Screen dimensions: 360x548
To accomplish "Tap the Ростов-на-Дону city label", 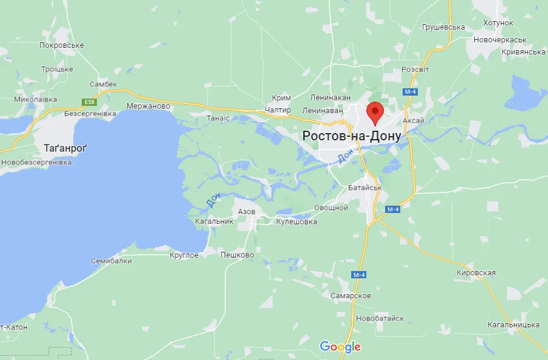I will point(351,137).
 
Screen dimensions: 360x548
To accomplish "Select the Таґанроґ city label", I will point(66,148).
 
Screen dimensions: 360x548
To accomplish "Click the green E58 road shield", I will point(90,102).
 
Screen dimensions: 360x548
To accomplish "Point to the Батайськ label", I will point(365,188).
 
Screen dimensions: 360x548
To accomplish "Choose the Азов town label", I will point(246,212).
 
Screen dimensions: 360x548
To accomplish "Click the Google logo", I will point(340,347).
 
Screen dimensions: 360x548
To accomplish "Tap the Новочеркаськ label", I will point(500,39).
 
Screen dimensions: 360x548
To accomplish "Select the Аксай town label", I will point(414,121).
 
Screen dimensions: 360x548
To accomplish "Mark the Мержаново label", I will point(148,106).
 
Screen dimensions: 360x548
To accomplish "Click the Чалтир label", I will point(278,110).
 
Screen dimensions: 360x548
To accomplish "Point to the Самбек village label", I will point(103,85).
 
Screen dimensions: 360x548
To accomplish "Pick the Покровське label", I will point(61,45).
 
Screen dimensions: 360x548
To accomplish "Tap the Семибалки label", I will point(111,261).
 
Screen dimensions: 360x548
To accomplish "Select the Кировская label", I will point(476,273).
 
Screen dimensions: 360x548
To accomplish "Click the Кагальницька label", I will point(513,325).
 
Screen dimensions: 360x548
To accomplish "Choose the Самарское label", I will point(351,295).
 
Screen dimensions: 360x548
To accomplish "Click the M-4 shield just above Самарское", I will point(359,275).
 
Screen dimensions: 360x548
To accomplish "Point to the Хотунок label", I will point(498,23).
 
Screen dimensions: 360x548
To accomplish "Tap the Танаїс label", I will point(219,118).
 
